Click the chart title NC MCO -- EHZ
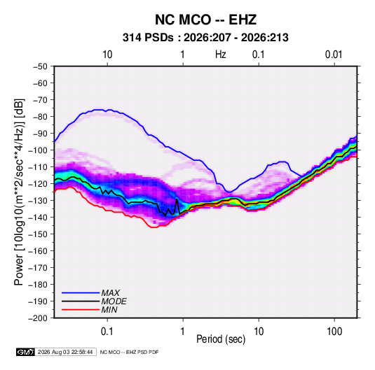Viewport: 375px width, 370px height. pos(205,20)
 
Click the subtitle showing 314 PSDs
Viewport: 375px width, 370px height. pos(205,38)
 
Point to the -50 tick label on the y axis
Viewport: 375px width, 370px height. pos(40,66)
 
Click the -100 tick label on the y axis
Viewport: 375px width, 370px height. pos(38,150)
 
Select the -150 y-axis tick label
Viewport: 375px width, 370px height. pos(38,234)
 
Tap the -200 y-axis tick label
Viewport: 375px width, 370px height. pos(38,318)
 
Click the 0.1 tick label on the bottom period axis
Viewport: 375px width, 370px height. pos(107,332)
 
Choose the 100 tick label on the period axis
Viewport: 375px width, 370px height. pos(334,332)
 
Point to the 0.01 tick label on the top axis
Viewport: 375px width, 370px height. pos(334,55)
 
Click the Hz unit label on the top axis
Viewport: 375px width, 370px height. pos(221,55)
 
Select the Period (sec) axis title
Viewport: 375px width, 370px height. pos(221,339)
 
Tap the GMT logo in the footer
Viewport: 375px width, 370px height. pos(26,352)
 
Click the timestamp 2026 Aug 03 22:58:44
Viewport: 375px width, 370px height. pos(65,352)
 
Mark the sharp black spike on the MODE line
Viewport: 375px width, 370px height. pos(177,199)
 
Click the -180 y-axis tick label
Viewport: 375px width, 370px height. pos(38,285)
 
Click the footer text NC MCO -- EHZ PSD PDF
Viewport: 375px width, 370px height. pos(129,352)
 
